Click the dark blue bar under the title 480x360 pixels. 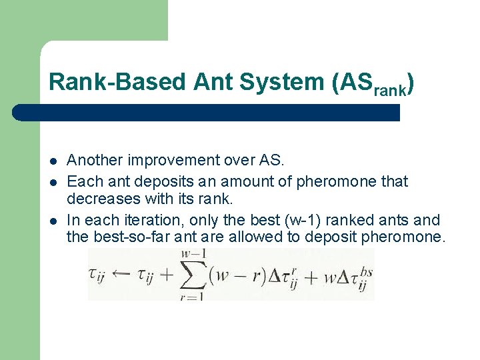(207, 113)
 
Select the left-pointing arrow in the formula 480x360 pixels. (125, 274)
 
